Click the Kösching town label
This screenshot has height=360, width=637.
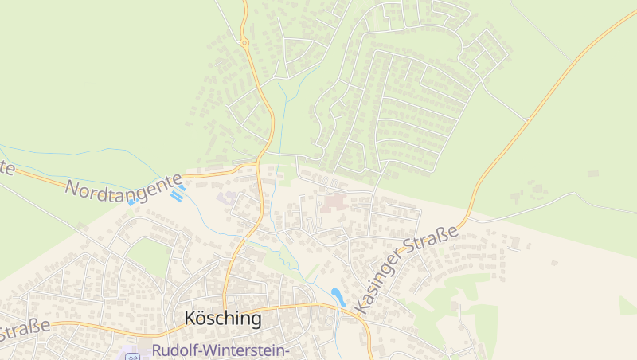(223, 319)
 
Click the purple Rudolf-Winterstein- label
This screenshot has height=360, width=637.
(220, 350)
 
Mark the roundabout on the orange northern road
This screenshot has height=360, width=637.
(244, 42)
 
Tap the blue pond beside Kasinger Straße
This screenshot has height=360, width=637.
(338, 296)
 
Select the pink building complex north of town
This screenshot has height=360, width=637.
(334, 202)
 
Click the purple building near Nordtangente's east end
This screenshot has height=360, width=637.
(229, 197)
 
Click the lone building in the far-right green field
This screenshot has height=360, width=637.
(592, 173)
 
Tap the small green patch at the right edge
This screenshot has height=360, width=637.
(628, 306)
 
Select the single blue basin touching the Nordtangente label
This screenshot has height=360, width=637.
(132, 202)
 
